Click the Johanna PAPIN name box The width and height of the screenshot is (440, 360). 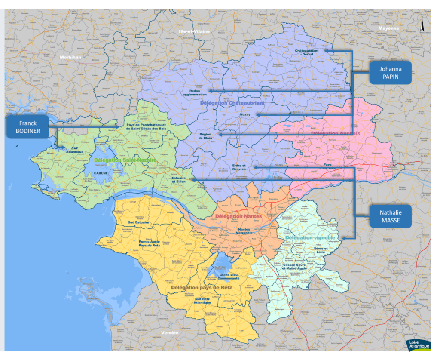(390, 72)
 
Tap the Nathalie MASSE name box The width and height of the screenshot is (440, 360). (390, 216)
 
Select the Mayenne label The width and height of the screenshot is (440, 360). (389, 28)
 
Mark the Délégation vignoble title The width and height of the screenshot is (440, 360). (310, 237)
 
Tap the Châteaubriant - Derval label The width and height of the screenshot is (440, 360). (307, 52)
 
